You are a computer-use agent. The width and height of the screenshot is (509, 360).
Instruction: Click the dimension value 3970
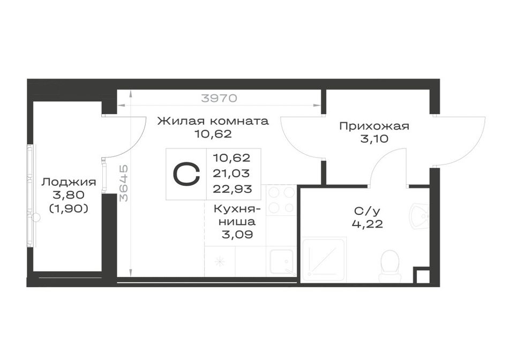[219, 97]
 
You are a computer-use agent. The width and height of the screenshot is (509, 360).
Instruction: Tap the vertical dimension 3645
[124, 183]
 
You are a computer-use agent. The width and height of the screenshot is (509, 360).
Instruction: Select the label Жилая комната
[213, 121]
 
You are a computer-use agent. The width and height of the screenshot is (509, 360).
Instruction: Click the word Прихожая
[374, 126]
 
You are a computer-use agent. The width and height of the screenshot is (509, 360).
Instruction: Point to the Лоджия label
[69, 182]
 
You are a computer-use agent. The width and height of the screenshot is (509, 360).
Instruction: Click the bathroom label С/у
[367, 211]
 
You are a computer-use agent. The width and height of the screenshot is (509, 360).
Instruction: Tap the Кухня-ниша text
[237, 215]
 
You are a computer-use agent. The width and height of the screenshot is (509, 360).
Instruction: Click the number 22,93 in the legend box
[232, 189]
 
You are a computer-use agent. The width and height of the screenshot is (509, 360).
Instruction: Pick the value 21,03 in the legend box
[231, 174]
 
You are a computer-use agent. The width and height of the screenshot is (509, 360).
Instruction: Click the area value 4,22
[367, 224]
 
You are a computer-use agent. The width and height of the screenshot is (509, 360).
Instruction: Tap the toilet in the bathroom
[390, 266]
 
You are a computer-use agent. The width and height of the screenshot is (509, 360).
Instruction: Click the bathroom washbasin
[420, 216]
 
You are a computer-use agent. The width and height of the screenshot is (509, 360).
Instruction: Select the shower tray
[324, 259]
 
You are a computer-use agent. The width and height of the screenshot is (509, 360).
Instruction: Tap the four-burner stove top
[281, 200]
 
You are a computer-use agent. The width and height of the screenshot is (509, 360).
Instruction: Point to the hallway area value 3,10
[374, 139]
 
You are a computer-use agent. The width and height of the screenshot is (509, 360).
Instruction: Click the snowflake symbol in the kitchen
[220, 261]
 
